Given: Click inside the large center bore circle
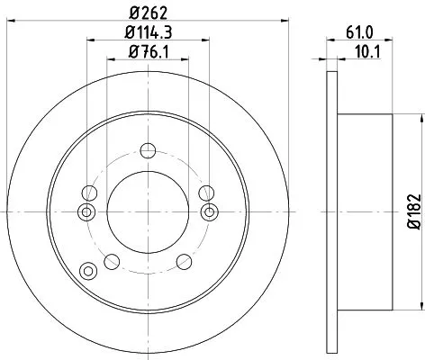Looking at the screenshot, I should pyautogui.click(x=149, y=211).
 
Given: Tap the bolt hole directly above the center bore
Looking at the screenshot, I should pyautogui.click(x=149, y=150).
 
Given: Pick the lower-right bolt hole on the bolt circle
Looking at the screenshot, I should pyautogui.click(x=185, y=261).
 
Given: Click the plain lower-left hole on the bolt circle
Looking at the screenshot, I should pyautogui.click(x=112, y=261).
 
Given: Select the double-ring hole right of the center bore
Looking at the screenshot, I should pyautogui.click(x=210, y=211).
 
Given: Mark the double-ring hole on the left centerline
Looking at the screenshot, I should pyautogui.click(x=87, y=211).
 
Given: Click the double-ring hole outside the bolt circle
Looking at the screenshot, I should pyautogui.click(x=87, y=271).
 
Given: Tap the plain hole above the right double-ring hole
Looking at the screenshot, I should pyautogui.click(x=206, y=192).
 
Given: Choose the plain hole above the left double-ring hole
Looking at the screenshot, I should pyautogui.click(x=90, y=192).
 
